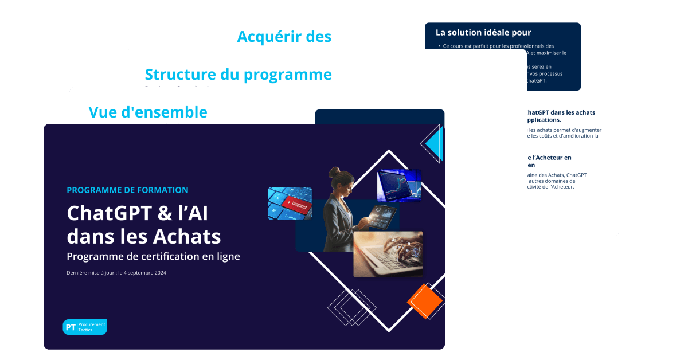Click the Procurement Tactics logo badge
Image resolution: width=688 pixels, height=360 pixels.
[85, 327]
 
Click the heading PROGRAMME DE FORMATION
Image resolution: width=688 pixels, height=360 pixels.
[127, 190]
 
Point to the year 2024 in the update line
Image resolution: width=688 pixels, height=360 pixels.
[158, 273]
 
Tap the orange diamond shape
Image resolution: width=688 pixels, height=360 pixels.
[425, 301]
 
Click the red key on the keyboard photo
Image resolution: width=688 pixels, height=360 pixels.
[298, 204]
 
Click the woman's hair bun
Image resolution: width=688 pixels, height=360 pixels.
[334, 171]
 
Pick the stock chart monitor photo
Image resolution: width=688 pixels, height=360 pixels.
[399, 185]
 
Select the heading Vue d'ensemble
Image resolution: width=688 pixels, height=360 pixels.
[148, 112]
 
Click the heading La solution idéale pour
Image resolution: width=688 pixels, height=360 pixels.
[483, 33]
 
